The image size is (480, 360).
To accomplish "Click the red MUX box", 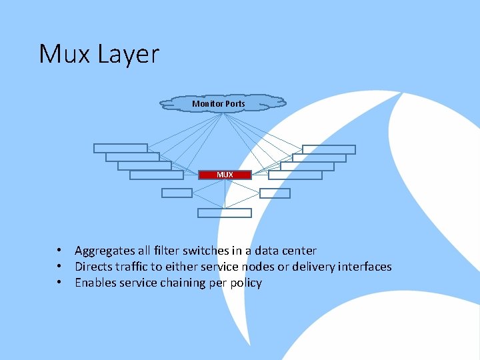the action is [x=225, y=175].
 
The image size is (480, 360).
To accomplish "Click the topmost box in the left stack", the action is [x=120, y=149].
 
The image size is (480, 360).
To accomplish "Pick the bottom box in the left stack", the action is [x=156, y=175].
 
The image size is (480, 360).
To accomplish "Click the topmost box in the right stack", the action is [x=329, y=149].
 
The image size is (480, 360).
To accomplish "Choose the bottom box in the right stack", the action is [x=295, y=175].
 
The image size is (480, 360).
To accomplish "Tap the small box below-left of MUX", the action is [x=177, y=193].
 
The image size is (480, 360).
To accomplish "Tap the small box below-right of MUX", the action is [x=275, y=193].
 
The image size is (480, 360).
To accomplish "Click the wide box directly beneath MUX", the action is [x=225, y=213].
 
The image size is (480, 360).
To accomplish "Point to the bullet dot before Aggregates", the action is [x=59, y=251].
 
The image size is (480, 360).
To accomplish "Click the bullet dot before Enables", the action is [x=59, y=283].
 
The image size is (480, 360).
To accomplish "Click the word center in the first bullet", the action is [x=299, y=251].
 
